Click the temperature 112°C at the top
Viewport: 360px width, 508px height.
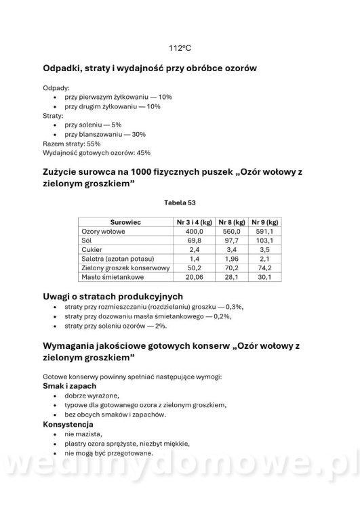[x=180, y=49]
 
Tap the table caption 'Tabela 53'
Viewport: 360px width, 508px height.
[x=180, y=202]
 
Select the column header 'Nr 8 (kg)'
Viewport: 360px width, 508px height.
[x=231, y=222]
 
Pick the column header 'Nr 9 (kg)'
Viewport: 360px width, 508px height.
[x=264, y=222]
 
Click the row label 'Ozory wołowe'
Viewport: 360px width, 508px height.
[x=100, y=231]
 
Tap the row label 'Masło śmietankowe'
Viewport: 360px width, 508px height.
[x=109, y=276]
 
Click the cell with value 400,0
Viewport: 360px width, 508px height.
[x=195, y=231]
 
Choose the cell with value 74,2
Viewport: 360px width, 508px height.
[x=265, y=268]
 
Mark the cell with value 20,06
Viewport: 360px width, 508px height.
[x=194, y=276]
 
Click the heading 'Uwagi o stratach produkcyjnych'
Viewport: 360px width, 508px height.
[x=112, y=297]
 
